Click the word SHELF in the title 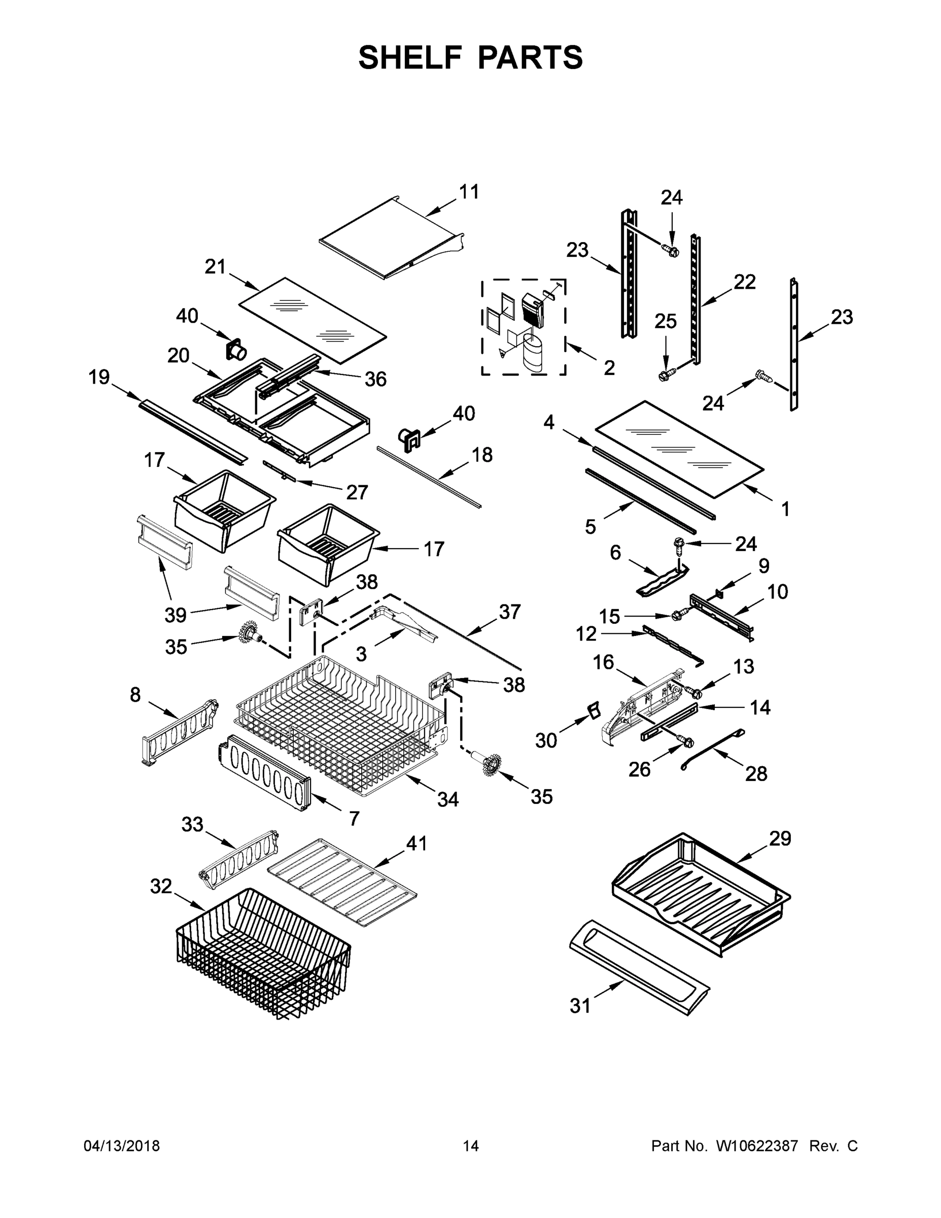410,57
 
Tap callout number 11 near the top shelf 469,192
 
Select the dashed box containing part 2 524,327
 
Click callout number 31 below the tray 580,1005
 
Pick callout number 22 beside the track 744,282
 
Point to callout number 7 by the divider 354,818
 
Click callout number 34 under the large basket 447,800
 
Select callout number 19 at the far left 99,378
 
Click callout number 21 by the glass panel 215,266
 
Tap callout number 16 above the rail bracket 603,662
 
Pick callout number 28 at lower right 755,773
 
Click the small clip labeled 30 594,710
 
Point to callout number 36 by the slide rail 375,379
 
